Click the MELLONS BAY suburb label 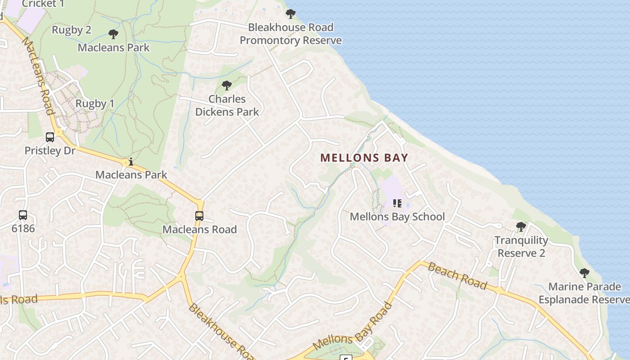tap(364, 158)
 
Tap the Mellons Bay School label tap(397, 216)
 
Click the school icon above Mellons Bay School tap(397, 203)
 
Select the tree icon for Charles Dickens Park tap(227, 85)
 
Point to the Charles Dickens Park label tap(227, 105)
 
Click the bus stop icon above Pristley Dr tap(50, 137)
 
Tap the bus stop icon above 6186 tap(23, 215)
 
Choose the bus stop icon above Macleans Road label tap(199, 216)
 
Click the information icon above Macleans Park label tap(131, 162)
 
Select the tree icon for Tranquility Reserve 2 tap(521, 227)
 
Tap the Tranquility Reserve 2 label tap(521, 247)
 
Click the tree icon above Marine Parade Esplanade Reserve tap(585, 273)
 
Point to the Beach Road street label tap(457, 276)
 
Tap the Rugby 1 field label tap(95, 103)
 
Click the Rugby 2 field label tap(72, 30)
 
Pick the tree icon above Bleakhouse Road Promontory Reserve tap(291, 14)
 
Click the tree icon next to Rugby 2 tap(113, 34)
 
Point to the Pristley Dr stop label tap(50, 150)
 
